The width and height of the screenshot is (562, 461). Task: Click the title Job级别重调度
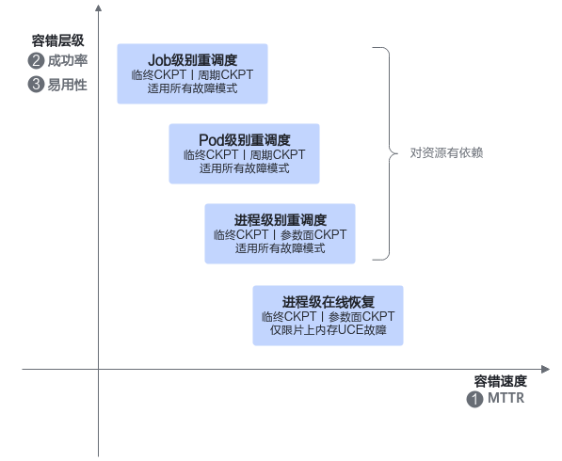[192, 60]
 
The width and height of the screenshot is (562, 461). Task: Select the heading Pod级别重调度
[245, 140]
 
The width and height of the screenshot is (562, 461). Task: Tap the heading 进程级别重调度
[281, 220]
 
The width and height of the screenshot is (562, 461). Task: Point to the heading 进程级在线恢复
[329, 302]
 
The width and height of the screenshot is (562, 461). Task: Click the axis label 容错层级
[57, 40]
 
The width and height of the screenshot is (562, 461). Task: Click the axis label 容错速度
[501, 381]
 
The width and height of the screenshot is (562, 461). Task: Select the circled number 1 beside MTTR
[474, 400]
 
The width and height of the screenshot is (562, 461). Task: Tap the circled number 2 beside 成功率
[36, 60]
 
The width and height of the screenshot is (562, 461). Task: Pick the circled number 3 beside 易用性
[36, 85]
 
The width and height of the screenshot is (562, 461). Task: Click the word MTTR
[506, 398]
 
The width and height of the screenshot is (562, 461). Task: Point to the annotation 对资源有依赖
[446, 153]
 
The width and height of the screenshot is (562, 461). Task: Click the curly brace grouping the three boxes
[390, 153]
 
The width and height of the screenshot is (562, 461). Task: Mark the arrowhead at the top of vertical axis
[98, 8]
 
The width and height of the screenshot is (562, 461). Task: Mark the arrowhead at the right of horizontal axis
[545, 370]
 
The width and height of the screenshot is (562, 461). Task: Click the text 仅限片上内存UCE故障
[329, 330]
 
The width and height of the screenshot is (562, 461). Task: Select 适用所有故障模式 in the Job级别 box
[192, 88]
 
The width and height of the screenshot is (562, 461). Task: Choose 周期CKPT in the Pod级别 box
[278, 154]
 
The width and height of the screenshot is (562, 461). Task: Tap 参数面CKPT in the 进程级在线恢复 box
[361, 316]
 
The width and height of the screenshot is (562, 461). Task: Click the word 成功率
[68, 60]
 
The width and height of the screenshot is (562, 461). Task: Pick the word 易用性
[68, 85]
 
